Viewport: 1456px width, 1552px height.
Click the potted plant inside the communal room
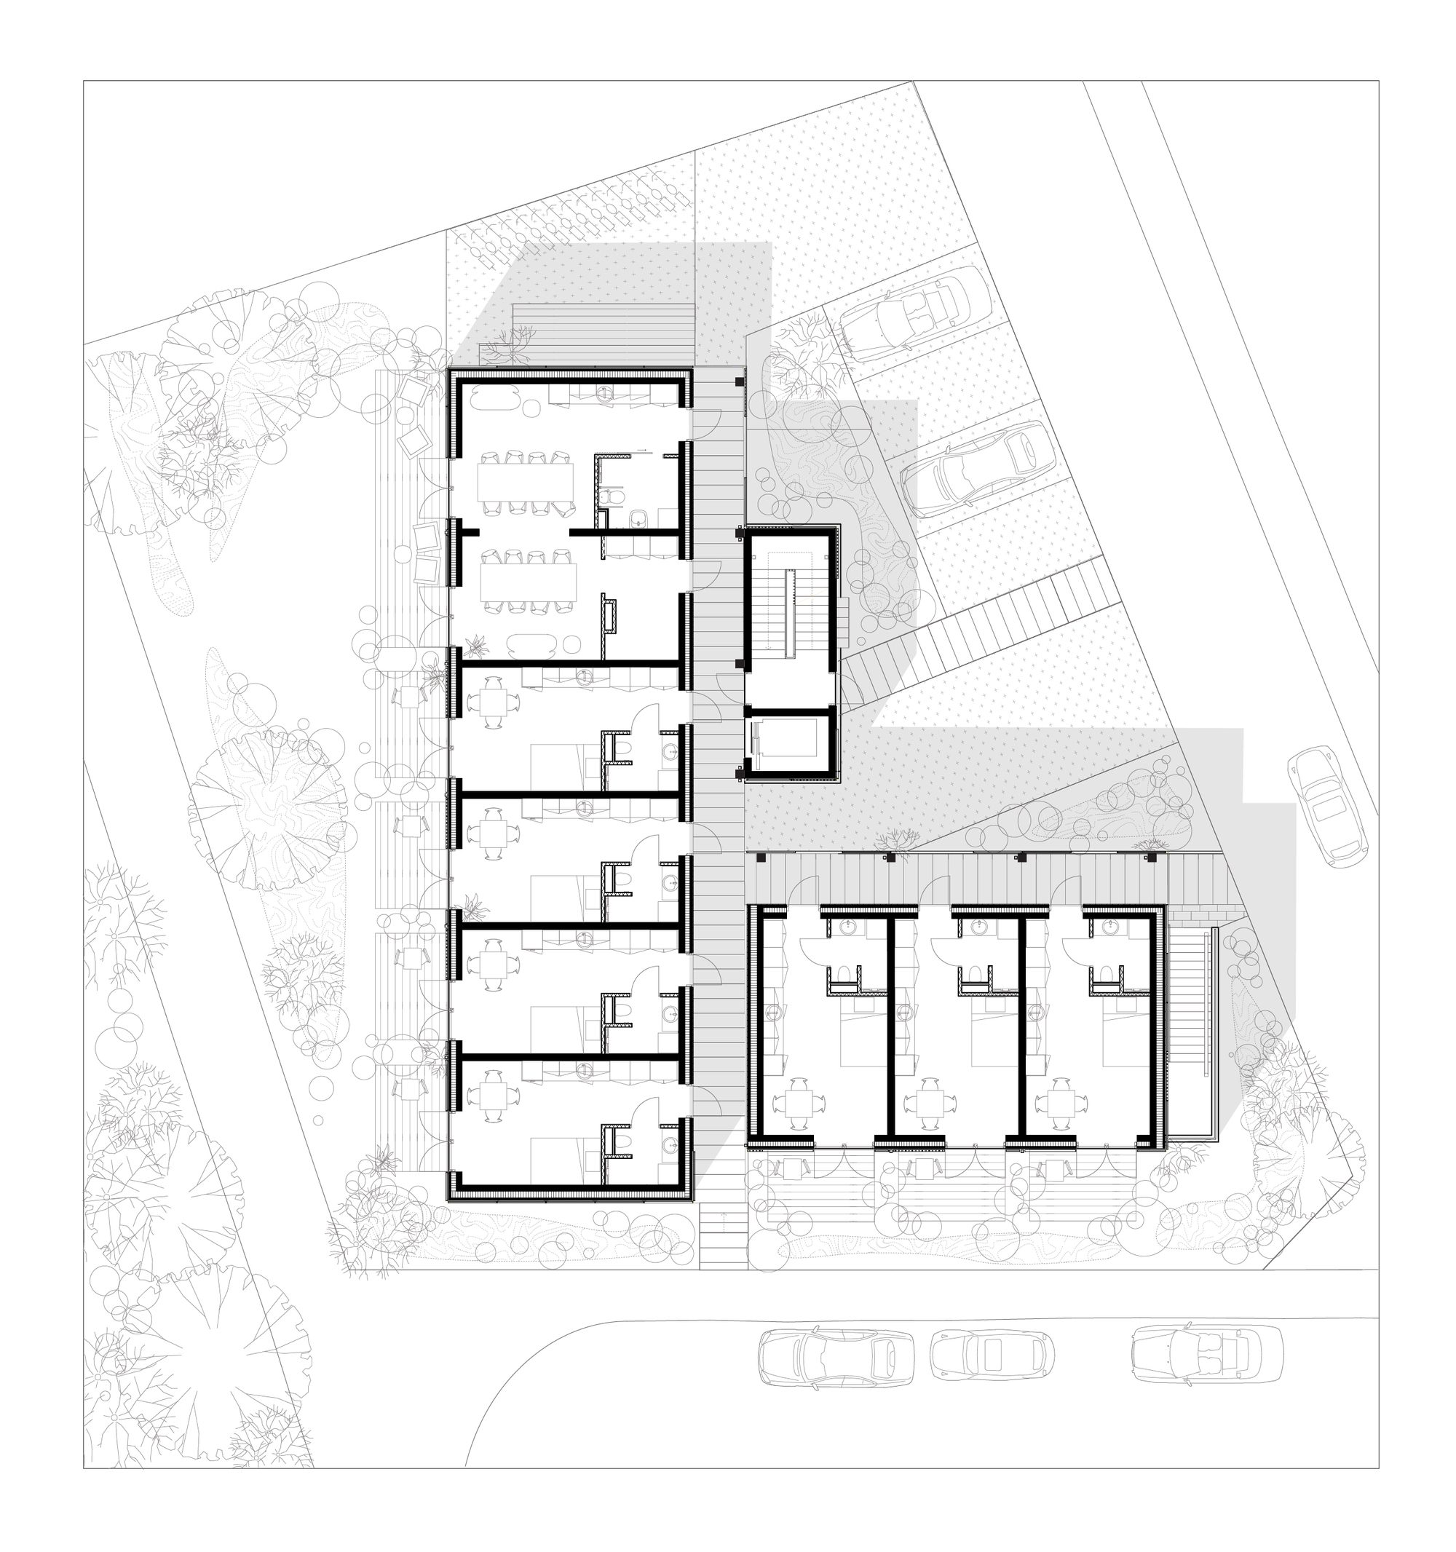(475, 646)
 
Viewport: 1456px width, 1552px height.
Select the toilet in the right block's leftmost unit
(841, 973)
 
